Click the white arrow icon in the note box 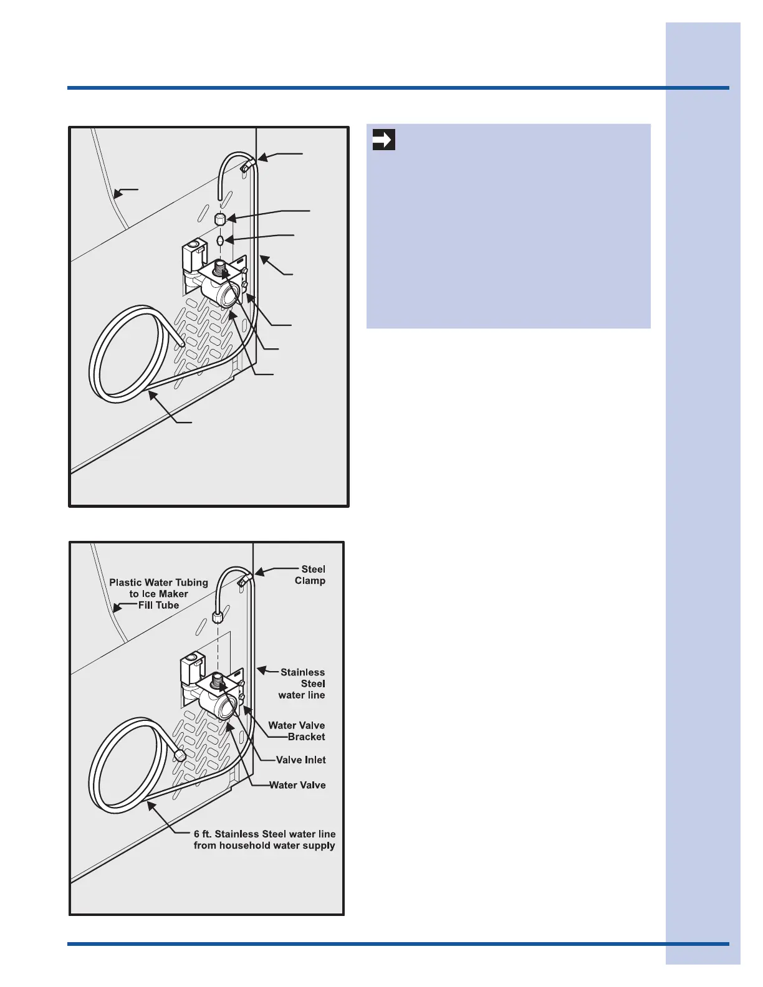coord(383,140)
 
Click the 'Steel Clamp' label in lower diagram coord(311,575)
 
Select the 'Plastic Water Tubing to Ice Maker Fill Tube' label coord(158,593)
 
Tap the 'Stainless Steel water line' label coord(302,684)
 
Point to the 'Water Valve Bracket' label coord(297,731)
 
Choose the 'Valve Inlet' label coord(300,760)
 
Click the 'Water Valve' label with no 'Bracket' coord(297,785)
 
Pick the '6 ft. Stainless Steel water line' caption coord(264,839)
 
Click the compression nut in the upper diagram coord(220,219)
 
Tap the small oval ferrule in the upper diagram coord(220,240)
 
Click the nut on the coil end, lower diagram coord(179,755)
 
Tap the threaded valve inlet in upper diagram coord(220,269)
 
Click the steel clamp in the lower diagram coord(244,580)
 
